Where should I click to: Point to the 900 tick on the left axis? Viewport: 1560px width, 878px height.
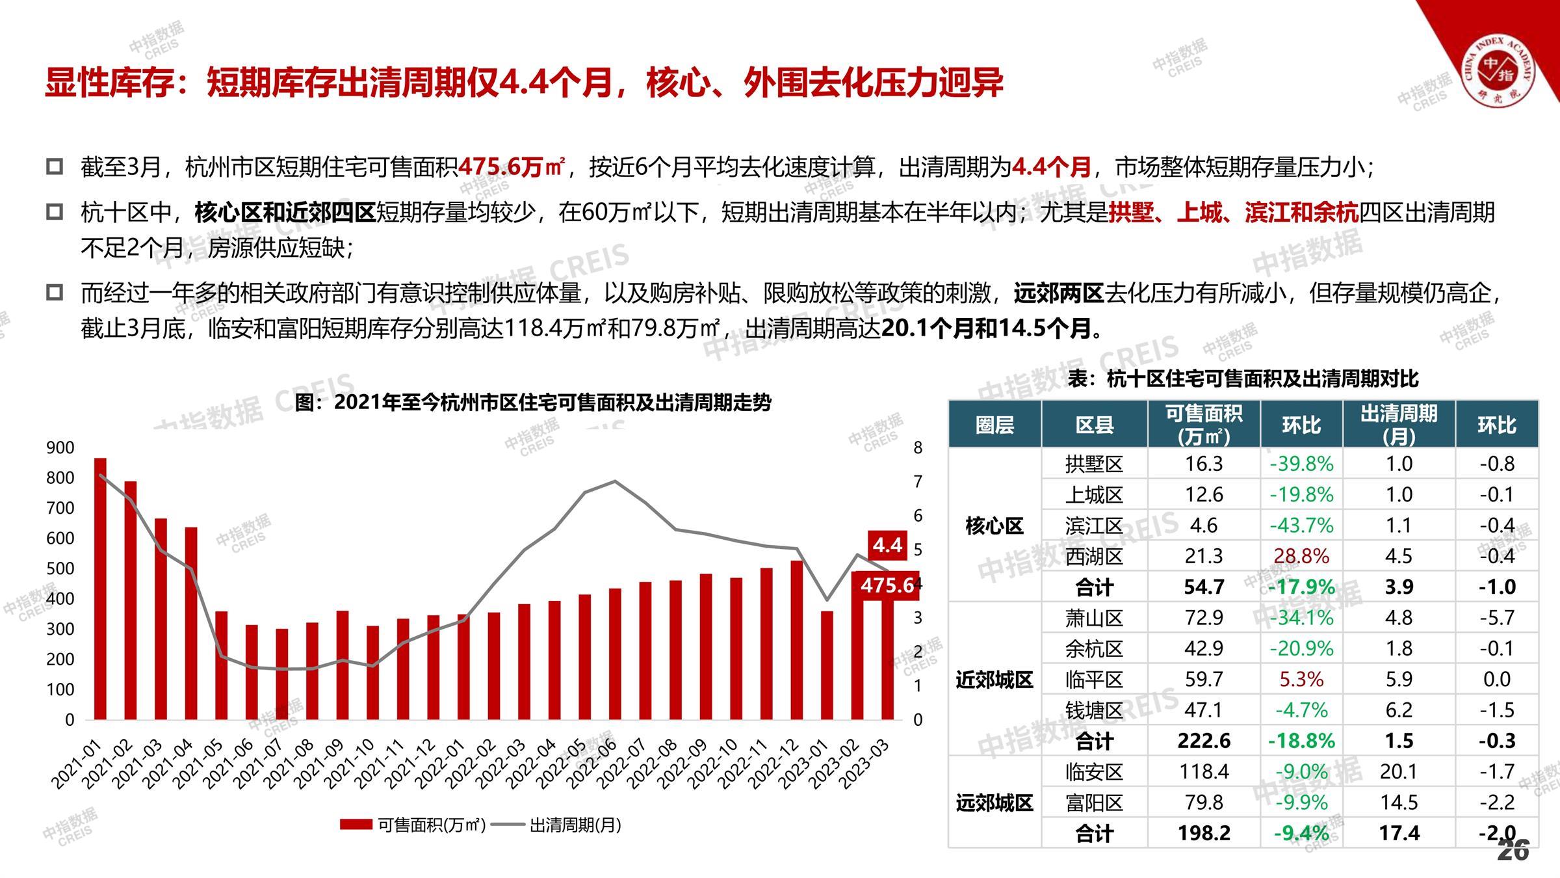tap(60, 447)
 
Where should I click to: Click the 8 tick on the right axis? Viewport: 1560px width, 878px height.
tap(918, 447)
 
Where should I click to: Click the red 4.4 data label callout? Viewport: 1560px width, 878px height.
tap(887, 545)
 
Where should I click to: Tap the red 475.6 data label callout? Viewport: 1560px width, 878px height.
tap(887, 585)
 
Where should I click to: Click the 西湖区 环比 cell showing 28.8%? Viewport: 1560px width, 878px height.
tap(1301, 556)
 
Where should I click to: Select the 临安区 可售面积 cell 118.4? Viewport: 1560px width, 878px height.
tap(1204, 771)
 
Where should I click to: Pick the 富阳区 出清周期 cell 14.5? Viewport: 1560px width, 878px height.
tap(1399, 802)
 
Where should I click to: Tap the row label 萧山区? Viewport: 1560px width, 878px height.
tap(1094, 618)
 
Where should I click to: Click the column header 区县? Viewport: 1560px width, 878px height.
tap(1094, 425)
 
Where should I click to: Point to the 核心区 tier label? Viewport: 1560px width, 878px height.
tap(994, 525)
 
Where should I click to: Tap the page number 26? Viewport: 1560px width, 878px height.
tap(1513, 850)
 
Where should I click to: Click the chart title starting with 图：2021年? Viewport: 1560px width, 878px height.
tap(533, 403)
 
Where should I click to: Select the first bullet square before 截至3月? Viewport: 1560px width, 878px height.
tap(55, 166)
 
